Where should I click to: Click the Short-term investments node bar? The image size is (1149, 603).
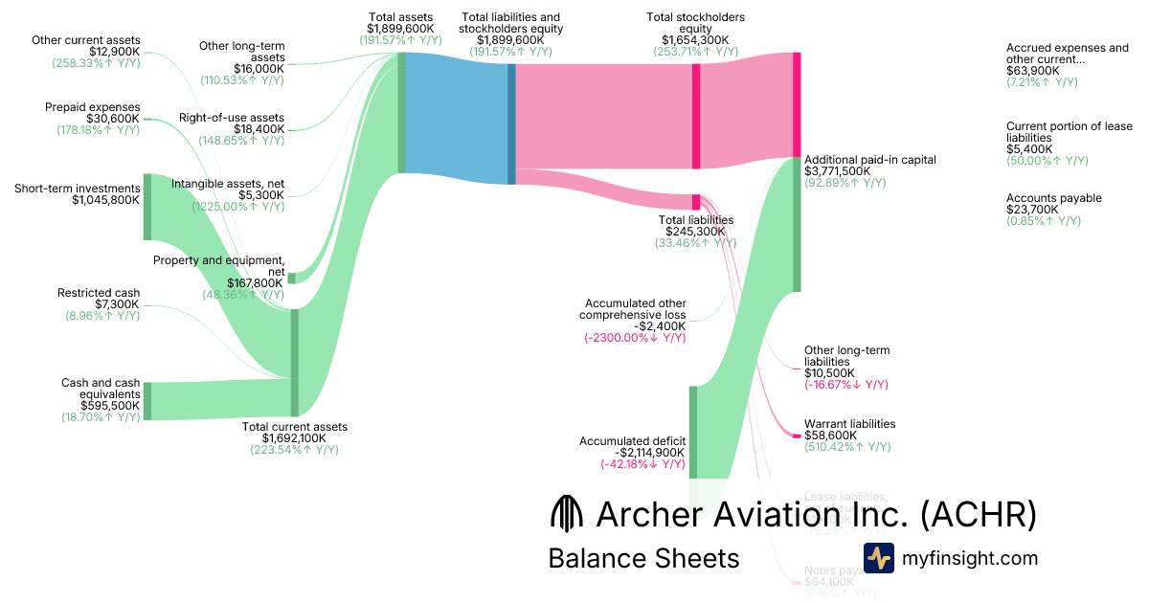coord(147,207)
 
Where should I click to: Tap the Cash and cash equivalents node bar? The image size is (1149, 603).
coord(147,401)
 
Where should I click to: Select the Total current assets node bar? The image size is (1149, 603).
coord(294,364)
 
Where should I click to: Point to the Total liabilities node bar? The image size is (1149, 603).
coord(696,202)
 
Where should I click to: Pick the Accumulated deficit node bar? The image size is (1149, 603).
coord(693,431)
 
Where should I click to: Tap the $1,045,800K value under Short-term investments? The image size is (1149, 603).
coord(106,201)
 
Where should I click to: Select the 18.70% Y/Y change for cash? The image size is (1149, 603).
coord(101,417)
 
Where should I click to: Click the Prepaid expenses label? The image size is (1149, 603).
coord(93,107)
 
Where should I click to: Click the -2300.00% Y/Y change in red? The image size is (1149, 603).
coord(635,338)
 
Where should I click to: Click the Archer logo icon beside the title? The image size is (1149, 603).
coord(567,514)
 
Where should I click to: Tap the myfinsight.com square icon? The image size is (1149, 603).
coord(878,558)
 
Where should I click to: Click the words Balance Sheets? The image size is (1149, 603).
coord(643,559)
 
